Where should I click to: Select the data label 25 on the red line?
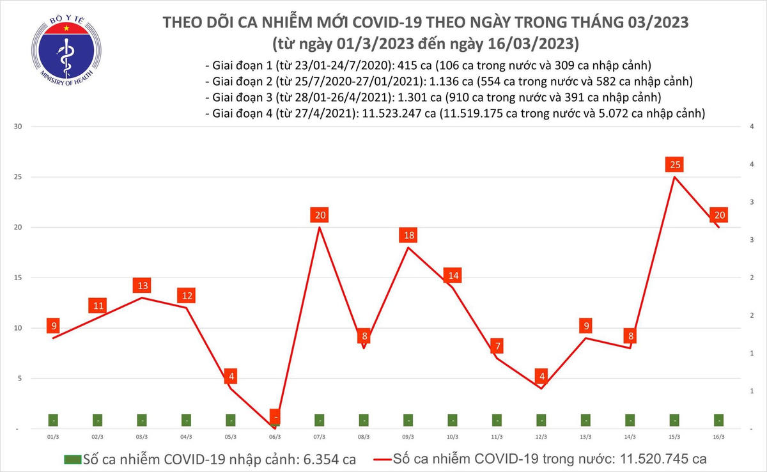[x=674, y=166]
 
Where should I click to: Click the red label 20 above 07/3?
[x=319, y=216]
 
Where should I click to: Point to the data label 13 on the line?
[x=142, y=286]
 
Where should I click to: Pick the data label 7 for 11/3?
[x=497, y=347]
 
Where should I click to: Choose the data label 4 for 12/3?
[x=541, y=376]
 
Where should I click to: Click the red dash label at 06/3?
[x=275, y=417]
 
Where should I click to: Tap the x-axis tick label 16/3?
[x=718, y=437]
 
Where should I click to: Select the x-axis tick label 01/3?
[x=54, y=437]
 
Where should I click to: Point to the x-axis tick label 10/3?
[x=453, y=437]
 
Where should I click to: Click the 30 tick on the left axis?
[x=19, y=127]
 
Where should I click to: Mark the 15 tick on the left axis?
[x=19, y=278]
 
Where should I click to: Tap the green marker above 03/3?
[x=142, y=420]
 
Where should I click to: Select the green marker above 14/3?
[x=630, y=420]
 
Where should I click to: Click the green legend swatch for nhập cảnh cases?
[x=72, y=459]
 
